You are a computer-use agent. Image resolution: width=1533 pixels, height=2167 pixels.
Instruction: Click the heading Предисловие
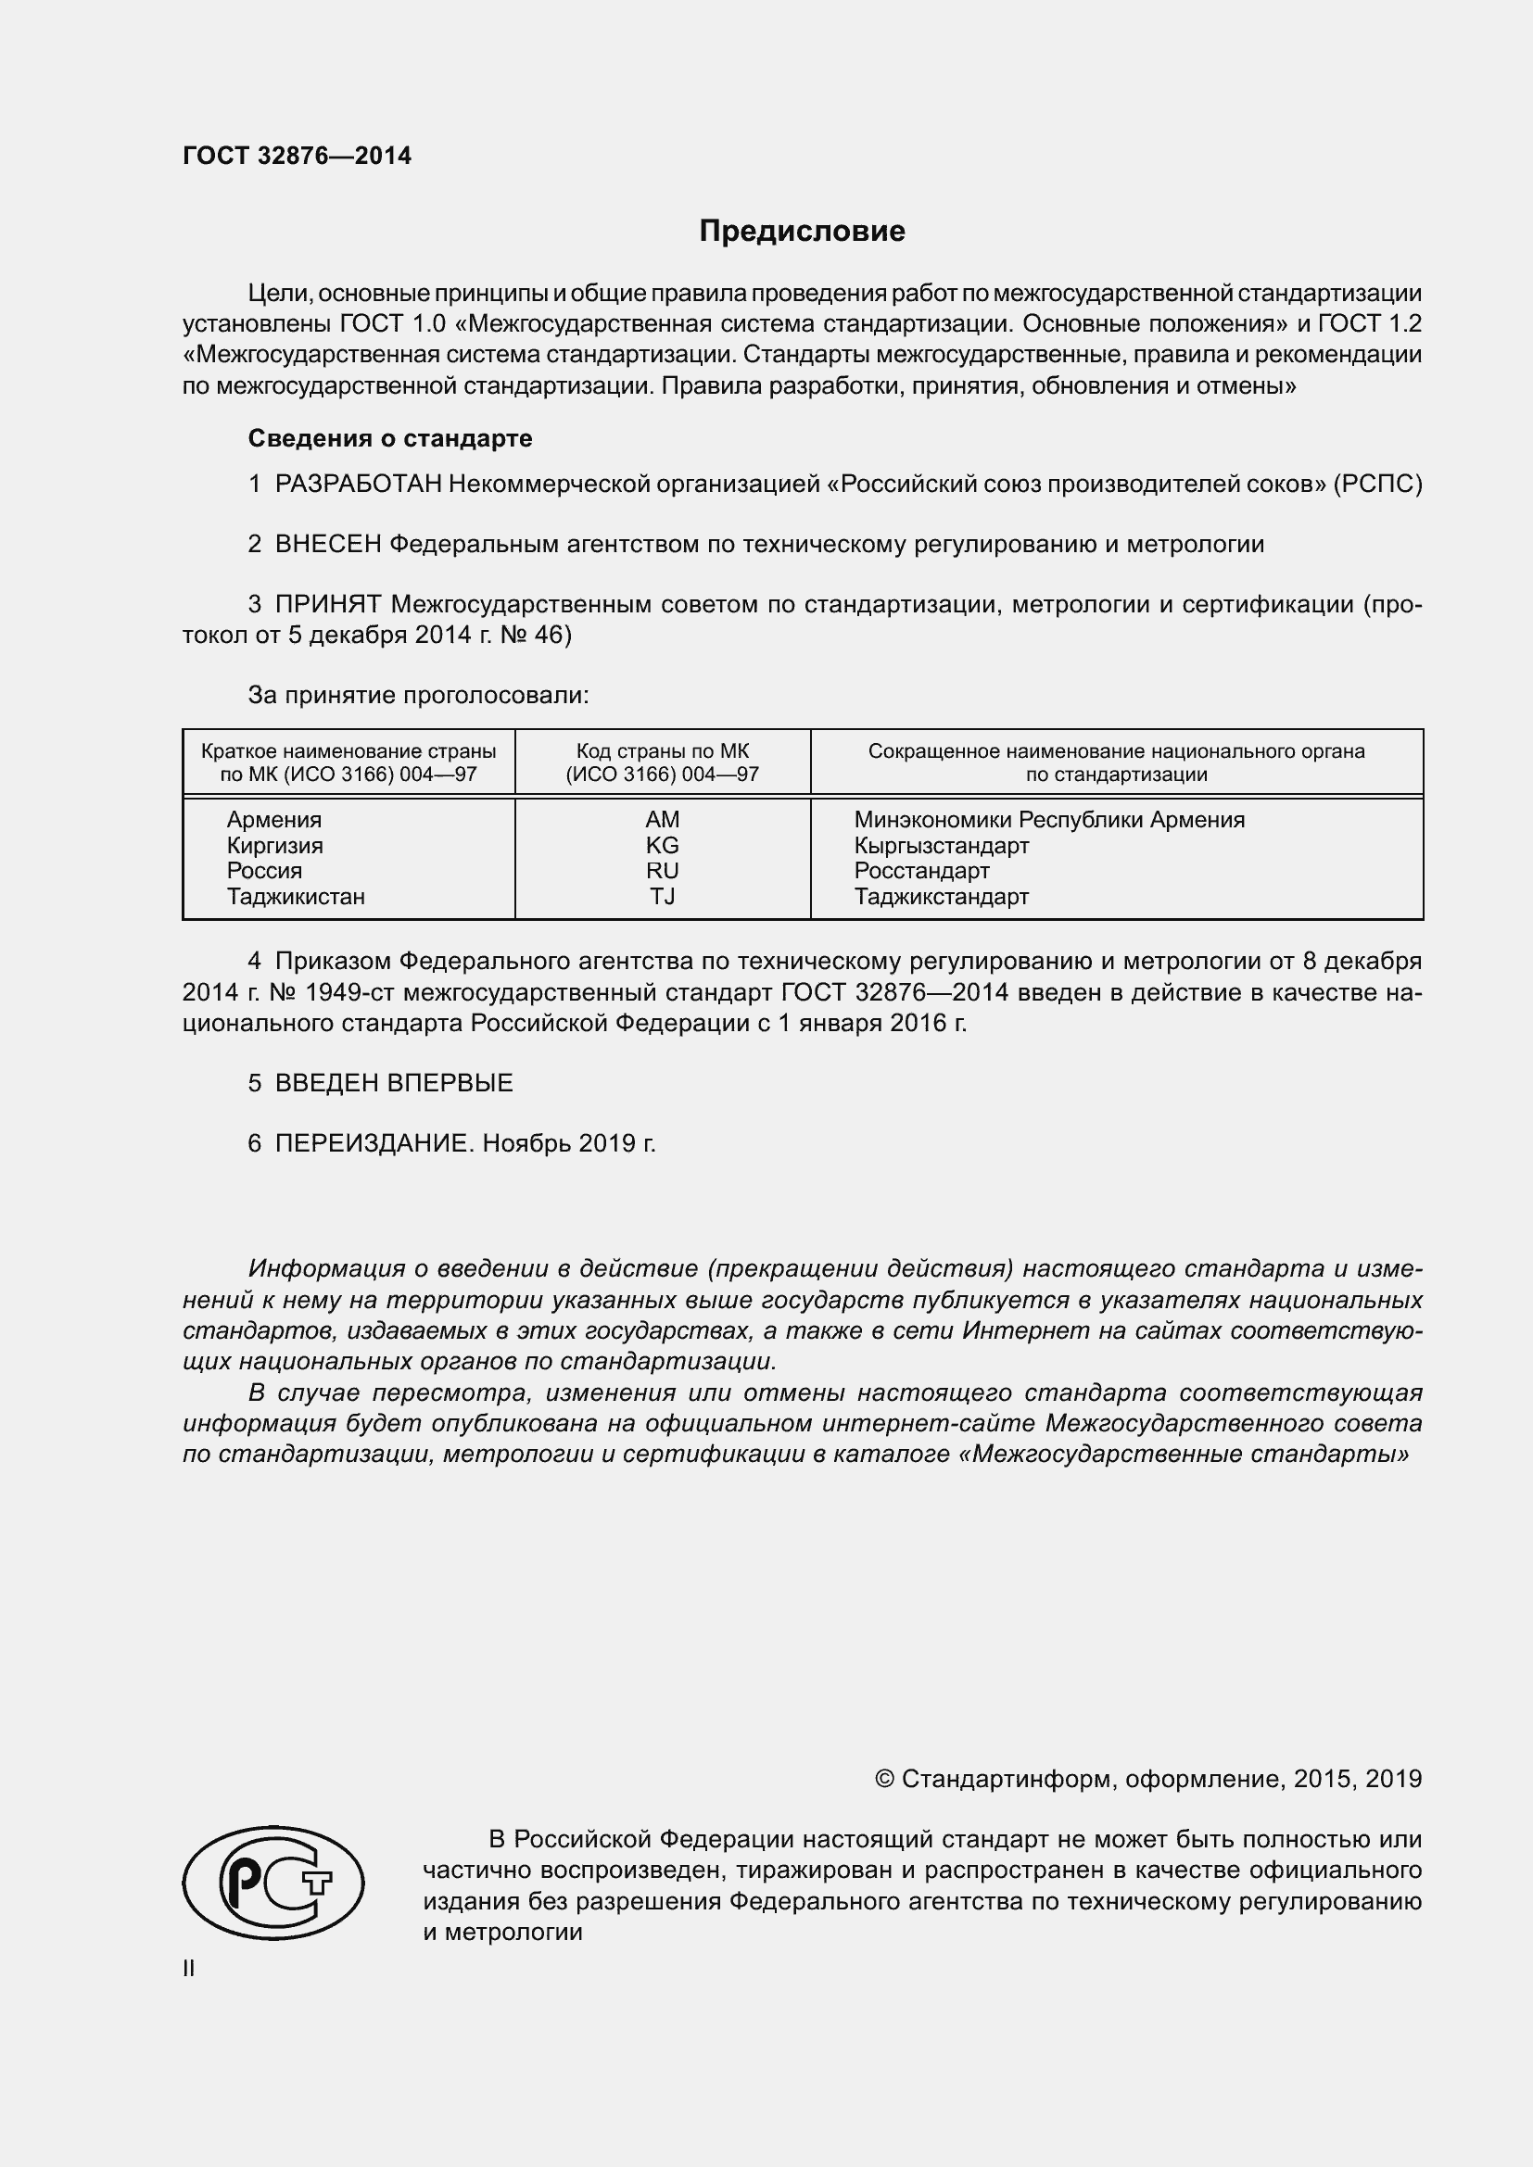(802, 232)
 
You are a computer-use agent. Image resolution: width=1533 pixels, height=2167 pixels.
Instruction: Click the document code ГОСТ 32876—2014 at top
(297, 157)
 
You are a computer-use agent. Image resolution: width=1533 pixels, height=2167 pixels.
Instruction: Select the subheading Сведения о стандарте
(390, 438)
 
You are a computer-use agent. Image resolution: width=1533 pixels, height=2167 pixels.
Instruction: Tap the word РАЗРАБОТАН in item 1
(358, 485)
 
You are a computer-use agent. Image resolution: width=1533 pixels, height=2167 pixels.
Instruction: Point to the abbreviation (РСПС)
(1377, 485)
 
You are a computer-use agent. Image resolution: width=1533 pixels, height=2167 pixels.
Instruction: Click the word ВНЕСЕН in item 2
(327, 545)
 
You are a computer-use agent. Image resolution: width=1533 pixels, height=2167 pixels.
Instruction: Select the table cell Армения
(273, 819)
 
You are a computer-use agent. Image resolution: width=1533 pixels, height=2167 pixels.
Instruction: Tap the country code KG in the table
(662, 845)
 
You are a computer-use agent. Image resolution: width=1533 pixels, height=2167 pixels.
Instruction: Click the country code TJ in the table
(662, 897)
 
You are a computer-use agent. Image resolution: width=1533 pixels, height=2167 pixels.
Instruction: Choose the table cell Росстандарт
(921, 870)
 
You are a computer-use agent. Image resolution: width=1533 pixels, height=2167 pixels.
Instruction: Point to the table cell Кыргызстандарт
(941, 845)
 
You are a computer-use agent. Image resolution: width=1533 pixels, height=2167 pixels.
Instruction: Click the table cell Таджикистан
(296, 897)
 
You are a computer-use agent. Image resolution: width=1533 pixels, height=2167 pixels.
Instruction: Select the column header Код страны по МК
(662, 751)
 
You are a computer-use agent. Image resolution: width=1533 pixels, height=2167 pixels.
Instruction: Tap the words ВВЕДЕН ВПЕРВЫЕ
(394, 1082)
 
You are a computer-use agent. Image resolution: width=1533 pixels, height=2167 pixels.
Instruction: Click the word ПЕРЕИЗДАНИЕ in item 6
(372, 1143)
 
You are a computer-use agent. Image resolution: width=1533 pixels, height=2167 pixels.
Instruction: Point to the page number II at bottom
(189, 1969)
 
